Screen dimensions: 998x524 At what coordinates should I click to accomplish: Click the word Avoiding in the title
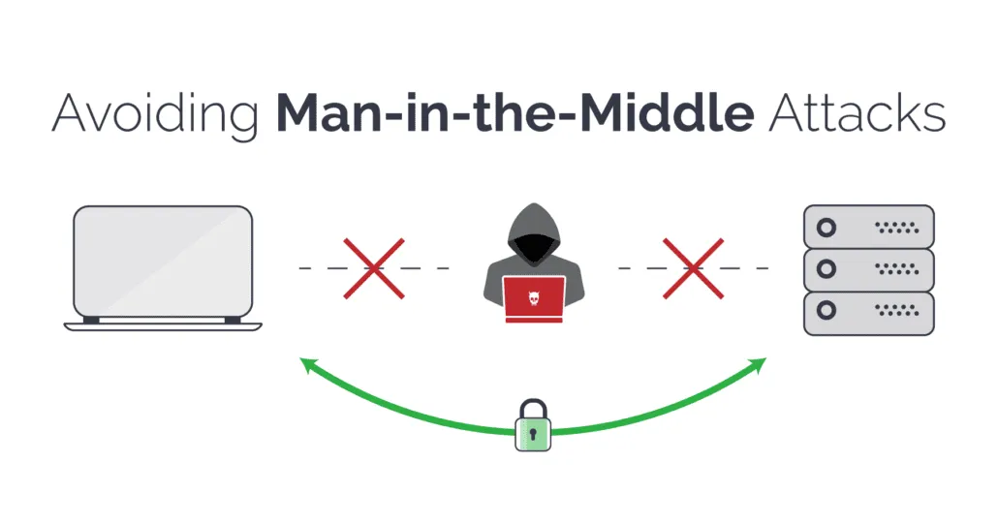coord(155,114)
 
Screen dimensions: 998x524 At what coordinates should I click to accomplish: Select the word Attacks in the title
coord(857,113)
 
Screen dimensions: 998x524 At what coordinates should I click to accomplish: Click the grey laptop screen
coord(163,262)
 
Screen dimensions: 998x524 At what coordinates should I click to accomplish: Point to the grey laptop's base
coord(163,326)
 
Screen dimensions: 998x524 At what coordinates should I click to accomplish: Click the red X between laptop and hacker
coord(374,268)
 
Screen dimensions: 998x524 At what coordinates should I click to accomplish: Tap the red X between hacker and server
coord(693,268)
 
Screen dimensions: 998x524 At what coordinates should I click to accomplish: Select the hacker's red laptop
coord(534,299)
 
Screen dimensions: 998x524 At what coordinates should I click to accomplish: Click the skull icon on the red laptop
coord(533,297)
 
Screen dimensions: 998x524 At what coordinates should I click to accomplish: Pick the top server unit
coord(869,227)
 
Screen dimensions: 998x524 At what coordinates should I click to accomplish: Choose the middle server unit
coord(869,269)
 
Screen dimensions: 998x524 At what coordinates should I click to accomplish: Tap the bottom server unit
coord(869,313)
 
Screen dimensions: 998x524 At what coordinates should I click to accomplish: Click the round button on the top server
coord(826,227)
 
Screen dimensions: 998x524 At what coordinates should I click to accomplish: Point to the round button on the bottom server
coord(826,311)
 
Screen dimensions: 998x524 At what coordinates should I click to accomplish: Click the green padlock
coord(533,425)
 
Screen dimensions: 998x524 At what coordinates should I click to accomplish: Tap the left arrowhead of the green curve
coord(308,365)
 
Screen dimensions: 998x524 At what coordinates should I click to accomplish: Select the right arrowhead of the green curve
coord(758,365)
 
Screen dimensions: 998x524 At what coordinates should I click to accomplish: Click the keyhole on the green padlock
coord(533,435)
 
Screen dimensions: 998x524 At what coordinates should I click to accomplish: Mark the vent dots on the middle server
coord(897,269)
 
